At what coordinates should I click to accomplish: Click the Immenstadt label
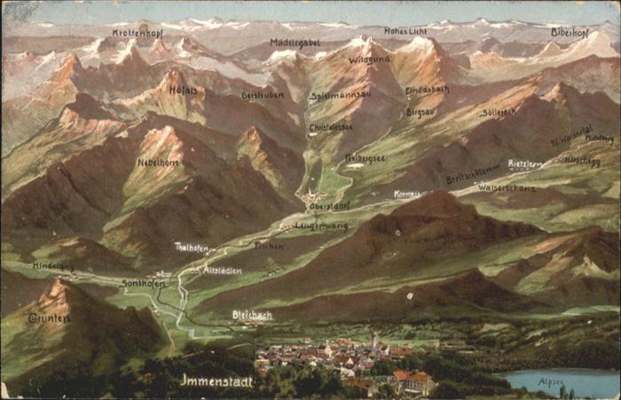pyautogui.click(x=216, y=380)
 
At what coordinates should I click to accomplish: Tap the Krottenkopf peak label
pyautogui.click(x=138, y=33)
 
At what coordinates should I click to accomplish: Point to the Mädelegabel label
pyautogui.click(x=295, y=42)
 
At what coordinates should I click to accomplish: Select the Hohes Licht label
pyautogui.click(x=405, y=31)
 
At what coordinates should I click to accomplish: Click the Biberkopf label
pyautogui.click(x=569, y=32)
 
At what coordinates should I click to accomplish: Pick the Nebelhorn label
pyautogui.click(x=159, y=162)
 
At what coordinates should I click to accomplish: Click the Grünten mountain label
pyautogui.click(x=49, y=318)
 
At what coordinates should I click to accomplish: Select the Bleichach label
pyautogui.click(x=252, y=315)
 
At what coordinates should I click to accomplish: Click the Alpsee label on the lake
pyautogui.click(x=550, y=381)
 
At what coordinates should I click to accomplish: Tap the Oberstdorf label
pyautogui.click(x=328, y=206)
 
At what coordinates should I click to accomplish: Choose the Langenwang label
pyautogui.click(x=320, y=226)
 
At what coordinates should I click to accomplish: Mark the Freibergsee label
pyautogui.click(x=365, y=158)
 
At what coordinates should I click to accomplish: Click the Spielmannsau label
pyautogui.click(x=341, y=95)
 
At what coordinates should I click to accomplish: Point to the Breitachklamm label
pyautogui.click(x=473, y=176)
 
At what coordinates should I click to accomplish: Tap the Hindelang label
pyautogui.click(x=53, y=266)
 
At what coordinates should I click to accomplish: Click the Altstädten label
pyautogui.click(x=222, y=271)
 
